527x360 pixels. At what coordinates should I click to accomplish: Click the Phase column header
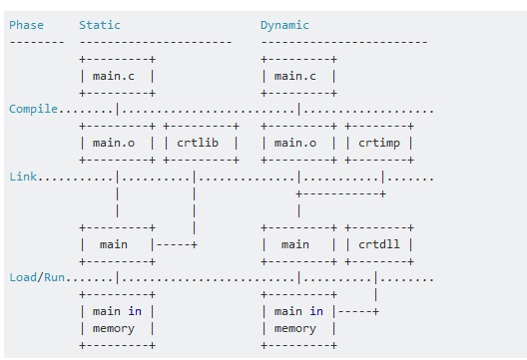(x=26, y=25)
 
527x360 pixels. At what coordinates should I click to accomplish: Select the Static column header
(x=100, y=25)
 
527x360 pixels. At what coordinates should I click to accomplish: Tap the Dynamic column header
(x=284, y=25)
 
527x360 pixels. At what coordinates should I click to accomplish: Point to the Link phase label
(x=23, y=177)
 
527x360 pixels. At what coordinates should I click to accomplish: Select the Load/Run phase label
(x=39, y=277)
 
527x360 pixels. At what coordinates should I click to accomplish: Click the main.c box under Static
(x=117, y=76)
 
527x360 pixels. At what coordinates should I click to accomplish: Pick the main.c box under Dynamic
(x=298, y=76)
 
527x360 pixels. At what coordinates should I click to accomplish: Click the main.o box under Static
(x=117, y=143)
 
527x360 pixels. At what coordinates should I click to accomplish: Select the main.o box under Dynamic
(x=298, y=143)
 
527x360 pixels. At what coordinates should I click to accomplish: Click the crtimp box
(x=379, y=143)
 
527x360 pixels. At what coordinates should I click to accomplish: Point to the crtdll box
(x=379, y=244)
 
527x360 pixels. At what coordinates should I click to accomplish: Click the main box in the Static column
(x=116, y=244)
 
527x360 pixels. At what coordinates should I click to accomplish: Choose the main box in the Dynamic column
(x=297, y=244)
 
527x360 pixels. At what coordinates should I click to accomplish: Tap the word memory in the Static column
(x=114, y=328)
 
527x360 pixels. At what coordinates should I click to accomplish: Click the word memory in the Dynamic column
(x=295, y=328)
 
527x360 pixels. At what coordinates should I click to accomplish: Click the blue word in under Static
(x=135, y=311)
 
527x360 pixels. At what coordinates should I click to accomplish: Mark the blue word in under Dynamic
(x=316, y=311)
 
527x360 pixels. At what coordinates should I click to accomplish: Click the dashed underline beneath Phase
(x=36, y=42)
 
